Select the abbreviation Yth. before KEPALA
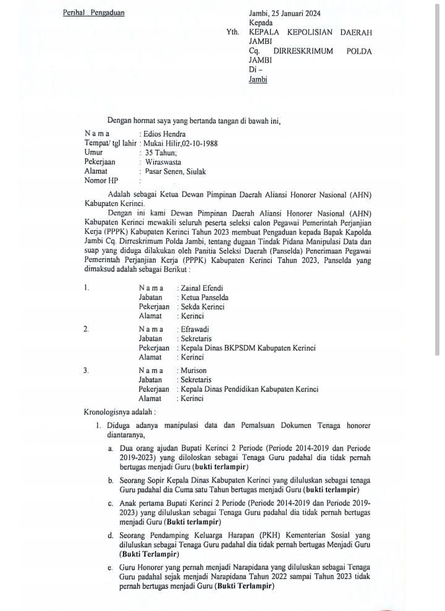click(234, 33)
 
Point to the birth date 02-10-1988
click(198, 143)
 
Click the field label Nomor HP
click(100, 181)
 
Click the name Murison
click(194, 370)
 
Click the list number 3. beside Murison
click(86, 370)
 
